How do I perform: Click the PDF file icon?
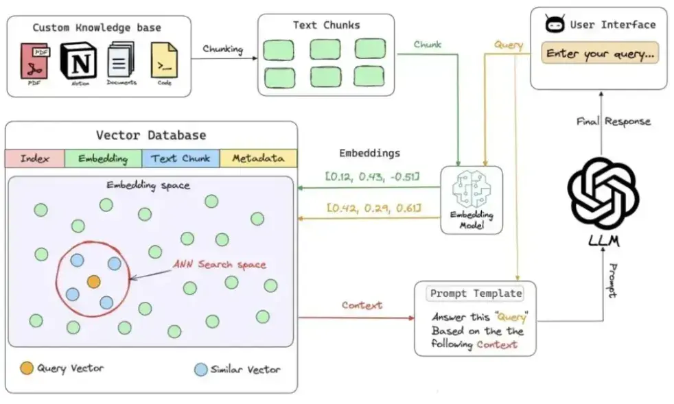(x=34, y=60)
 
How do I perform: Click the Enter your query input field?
(x=599, y=54)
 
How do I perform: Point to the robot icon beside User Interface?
(x=554, y=25)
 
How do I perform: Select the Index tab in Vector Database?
(x=34, y=158)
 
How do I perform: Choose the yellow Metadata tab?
(x=258, y=158)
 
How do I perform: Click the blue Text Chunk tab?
(x=181, y=158)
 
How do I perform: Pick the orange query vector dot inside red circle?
(x=93, y=281)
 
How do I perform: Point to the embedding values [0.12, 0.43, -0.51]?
(x=373, y=177)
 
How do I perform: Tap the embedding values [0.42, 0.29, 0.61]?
(x=373, y=207)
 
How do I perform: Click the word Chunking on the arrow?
(x=222, y=49)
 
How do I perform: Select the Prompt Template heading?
(x=476, y=294)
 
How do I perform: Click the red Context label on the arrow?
(x=362, y=305)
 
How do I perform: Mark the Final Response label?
(x=613, y=121)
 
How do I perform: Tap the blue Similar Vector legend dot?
(x=200, y=370)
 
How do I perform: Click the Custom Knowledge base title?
(x=97, y=28)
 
